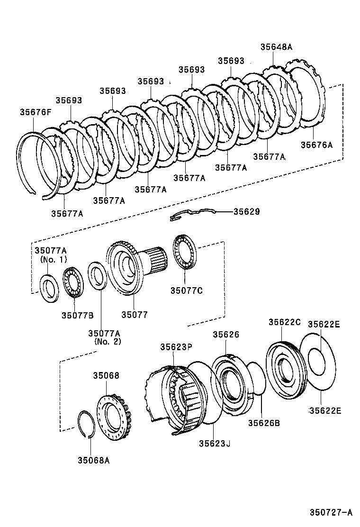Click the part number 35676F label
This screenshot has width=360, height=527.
point(36,112)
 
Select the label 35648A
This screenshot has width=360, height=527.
point(276,47)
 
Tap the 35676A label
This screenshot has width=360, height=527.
point(316,145)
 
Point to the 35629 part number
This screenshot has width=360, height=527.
point(246,211)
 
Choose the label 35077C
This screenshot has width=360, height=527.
point(186,291)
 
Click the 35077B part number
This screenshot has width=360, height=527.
point(78,315)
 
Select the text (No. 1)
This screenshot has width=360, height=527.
point(54,259)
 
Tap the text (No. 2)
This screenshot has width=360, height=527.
point(108,342)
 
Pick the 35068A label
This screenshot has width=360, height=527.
point(94,460)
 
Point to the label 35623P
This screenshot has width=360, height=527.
point(176,347)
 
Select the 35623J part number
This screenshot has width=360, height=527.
point(215,444)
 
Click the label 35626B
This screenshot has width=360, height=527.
point(264,423)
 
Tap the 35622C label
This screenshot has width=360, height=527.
point(284,322)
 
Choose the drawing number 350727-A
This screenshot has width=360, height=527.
point(331,512)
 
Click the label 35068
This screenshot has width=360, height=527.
point(106,375)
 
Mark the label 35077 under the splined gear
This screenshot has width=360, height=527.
point(135,315)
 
